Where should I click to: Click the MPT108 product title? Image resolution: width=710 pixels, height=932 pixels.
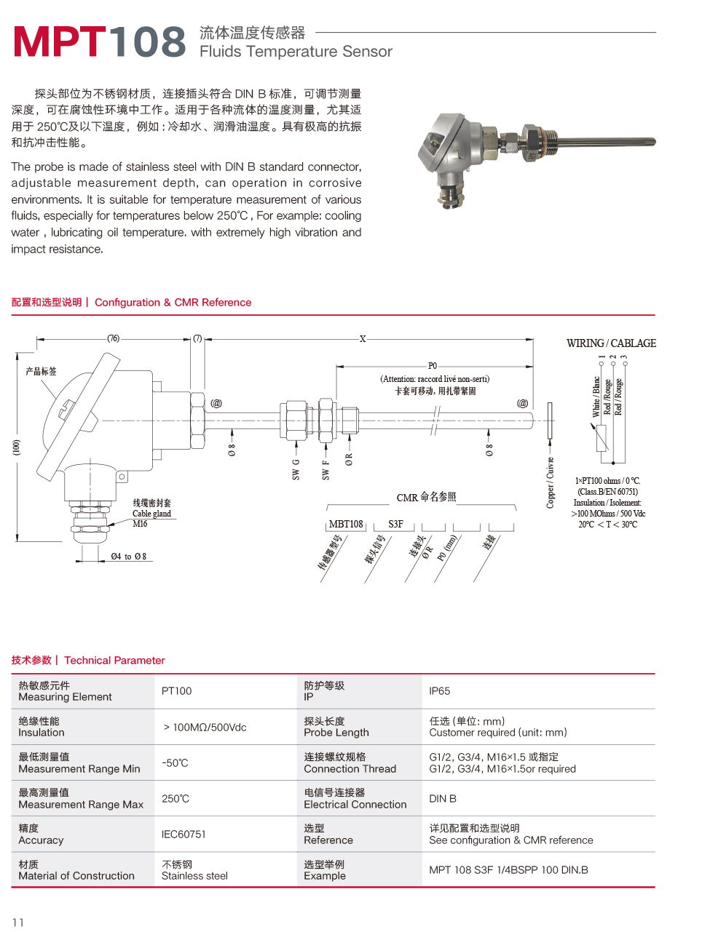[100, 41]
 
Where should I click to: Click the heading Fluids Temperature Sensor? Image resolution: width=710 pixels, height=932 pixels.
[296, 52]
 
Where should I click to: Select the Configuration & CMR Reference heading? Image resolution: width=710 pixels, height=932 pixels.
[173, 303]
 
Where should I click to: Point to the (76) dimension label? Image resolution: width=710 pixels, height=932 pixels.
[114, 338]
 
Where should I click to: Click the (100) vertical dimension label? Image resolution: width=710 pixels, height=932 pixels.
[16, 447]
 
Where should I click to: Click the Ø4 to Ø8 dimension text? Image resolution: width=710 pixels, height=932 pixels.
[129, 557]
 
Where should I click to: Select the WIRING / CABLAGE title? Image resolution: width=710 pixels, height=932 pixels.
[611, 343]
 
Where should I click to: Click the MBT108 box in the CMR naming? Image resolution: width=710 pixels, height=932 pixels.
[346, 524]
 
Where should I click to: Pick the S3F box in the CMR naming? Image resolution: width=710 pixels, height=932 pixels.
[395, 524]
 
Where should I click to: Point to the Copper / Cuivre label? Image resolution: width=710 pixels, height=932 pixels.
[551, 482]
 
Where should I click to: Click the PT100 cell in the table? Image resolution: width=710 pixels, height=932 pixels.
[177, 691]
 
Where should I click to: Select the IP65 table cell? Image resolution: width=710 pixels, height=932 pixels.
[440, 691]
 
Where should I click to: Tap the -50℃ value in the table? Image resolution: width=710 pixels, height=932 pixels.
[175, 763]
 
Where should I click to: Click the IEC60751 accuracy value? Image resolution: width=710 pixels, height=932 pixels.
[184, 835]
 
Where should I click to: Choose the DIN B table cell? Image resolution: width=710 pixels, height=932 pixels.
[443, 799]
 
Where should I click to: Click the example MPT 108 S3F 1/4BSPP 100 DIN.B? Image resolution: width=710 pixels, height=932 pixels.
[508, 870]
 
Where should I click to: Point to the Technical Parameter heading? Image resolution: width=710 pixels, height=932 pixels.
[114, 661]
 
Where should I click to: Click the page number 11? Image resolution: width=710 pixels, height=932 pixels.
[18, 923]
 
